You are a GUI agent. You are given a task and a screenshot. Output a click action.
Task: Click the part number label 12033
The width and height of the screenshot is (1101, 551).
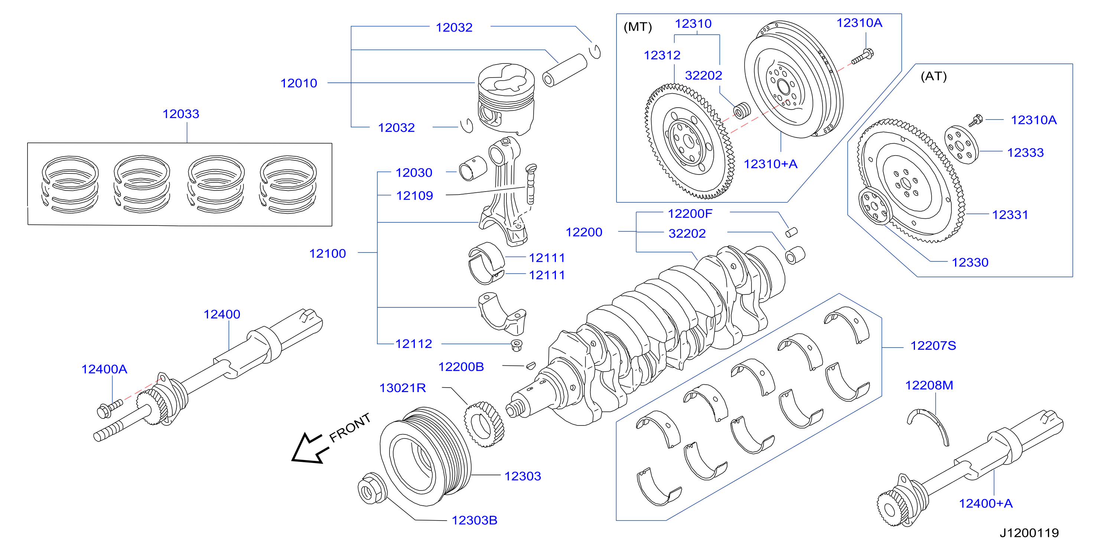click(181, 114)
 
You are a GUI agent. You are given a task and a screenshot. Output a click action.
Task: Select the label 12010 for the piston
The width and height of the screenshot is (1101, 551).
click(299, 83)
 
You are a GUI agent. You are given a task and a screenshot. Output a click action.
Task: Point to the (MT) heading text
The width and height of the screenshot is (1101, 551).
click(638, 27)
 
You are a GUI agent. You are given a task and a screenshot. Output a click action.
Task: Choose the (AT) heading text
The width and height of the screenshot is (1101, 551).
click(934, 76)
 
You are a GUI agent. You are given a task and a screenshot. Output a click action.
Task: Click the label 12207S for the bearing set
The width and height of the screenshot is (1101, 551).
click(933, 345)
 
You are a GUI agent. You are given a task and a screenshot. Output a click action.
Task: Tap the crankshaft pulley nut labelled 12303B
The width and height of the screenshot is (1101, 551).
click(372, 488)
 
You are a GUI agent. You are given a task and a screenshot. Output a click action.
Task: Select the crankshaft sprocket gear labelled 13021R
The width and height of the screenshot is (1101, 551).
click(484, 424)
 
